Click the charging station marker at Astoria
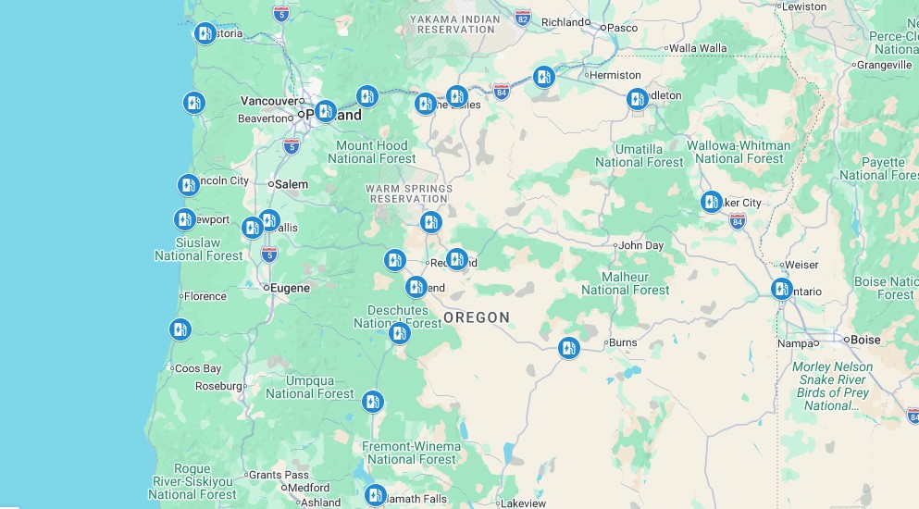(205, 33)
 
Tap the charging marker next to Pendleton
(637, 99)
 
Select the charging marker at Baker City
(711, 201)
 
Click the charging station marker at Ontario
(781, 289)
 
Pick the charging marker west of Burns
(569, 348)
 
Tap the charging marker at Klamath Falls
(375, 495)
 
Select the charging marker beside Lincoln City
(188, 184)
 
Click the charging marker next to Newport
(185, 219)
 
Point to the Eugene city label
(290, 288)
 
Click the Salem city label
(291, 184)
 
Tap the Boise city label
(865, 340)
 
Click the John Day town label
(640, 245)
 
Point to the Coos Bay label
(197, 368)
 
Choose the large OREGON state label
(477, 317)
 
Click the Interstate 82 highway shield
(524, 19)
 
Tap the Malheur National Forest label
(625, 283)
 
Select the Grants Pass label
(278, 475)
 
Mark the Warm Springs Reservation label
(408, 192)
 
